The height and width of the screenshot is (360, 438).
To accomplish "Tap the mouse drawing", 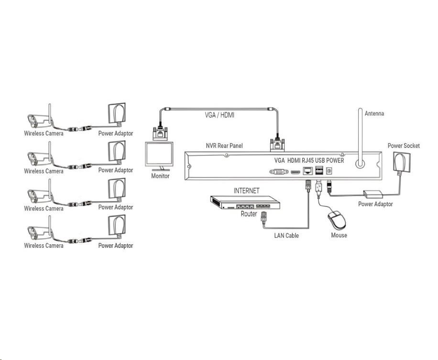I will [x=336, y=221].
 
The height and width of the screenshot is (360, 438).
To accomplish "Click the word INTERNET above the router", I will [x=246, y=190].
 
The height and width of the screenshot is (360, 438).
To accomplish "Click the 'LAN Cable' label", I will [x=286, y=235].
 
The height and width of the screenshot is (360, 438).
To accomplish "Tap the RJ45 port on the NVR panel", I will [x=308, y=172].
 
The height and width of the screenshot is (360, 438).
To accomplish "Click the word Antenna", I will [x=374, y=114].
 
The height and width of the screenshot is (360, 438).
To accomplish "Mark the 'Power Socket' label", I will [x=404, y=145].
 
